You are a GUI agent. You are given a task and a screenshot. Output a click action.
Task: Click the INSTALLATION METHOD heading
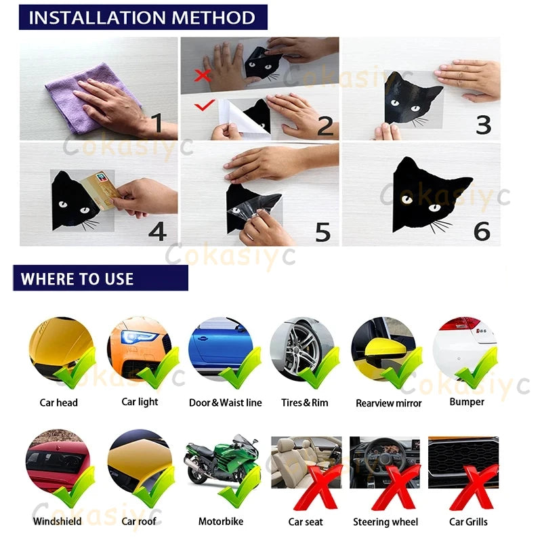[142, 17]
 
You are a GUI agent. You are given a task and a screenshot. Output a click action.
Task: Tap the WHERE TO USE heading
[77, 278]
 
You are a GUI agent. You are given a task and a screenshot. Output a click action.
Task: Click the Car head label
[58, 402]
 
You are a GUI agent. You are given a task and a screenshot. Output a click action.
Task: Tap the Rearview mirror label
[388, 403]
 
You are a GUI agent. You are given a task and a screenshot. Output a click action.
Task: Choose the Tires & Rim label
[304, 402]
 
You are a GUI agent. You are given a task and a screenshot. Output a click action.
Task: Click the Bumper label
[467, 402]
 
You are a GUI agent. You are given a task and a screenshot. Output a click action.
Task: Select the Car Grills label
[468, 522]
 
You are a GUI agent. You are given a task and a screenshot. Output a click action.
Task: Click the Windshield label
[57, 522]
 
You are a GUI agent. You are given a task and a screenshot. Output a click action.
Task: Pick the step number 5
[322, 232]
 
